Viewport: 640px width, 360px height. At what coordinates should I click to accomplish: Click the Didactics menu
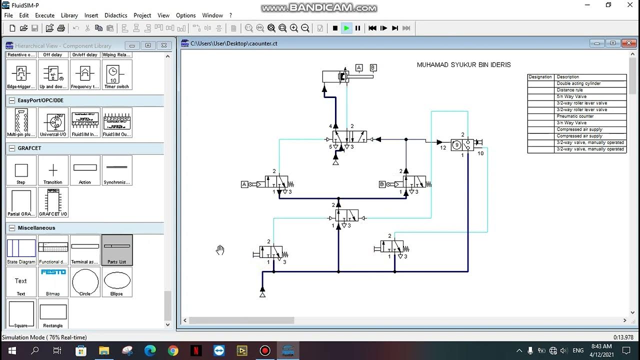tap(115, 15)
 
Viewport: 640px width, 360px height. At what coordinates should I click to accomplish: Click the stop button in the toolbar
tap(335, 28)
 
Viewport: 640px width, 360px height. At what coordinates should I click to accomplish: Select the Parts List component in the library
tap(117, 249)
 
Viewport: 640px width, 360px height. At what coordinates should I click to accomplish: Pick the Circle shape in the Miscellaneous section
tap(85, 282)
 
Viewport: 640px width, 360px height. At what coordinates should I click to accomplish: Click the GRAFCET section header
tap(30, 148)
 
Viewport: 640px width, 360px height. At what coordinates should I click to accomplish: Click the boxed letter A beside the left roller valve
tap(244, 184)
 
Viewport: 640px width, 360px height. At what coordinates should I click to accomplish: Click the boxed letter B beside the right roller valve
tap(382, 184)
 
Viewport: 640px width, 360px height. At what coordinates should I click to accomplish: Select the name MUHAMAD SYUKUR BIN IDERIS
tap(463, 65)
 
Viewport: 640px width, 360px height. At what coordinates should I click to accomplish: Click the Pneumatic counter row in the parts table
tap(575, 116)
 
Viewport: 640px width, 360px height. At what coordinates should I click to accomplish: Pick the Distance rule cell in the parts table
tap(570, 90)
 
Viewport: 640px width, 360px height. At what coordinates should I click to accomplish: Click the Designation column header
tap(540, 77)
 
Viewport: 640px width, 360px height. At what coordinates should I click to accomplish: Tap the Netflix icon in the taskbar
tap(196, 351)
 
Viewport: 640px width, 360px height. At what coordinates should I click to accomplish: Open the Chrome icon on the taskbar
tap(173, 351)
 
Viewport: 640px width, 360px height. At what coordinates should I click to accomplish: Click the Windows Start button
tap(12, 351)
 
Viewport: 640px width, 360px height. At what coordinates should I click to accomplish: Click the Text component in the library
tap(21, 282)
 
